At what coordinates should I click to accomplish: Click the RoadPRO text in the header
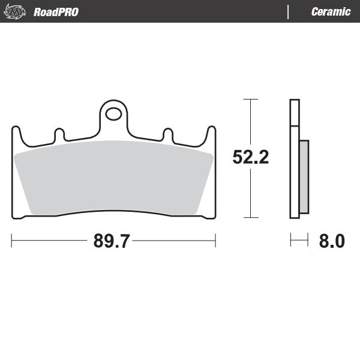pyautogui.click(x=56, y=12)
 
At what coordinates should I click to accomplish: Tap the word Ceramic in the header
pyautogui.click(x=331, y=12)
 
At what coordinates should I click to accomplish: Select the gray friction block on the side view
pyautogui.click(x=304, y=176)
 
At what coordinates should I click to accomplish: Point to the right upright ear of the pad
pyautogui.click(x=211, y=134)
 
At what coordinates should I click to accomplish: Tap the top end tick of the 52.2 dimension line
pyautogui.click(x=250, y=99)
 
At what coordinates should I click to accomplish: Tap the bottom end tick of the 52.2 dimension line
pyautogui.click(x=250, y=217)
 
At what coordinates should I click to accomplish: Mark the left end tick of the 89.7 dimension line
pyautogui.click(x=12, y=241)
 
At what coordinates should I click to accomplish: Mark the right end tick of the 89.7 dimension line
pyautogui.click(x=215, y=241)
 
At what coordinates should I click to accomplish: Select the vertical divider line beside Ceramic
pyautogui.click(x=289, y=11)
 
